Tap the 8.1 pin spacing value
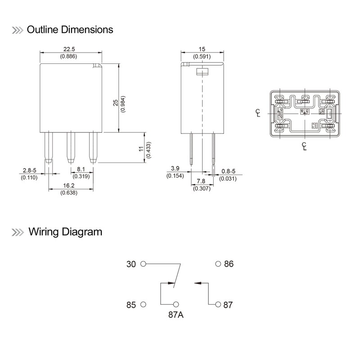81,170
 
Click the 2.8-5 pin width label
29,171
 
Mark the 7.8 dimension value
201,182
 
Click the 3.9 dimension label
174,168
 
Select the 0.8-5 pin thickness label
229,171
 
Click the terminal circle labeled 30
143,264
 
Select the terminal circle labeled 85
143,305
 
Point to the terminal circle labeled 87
218,305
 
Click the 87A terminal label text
176,315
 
